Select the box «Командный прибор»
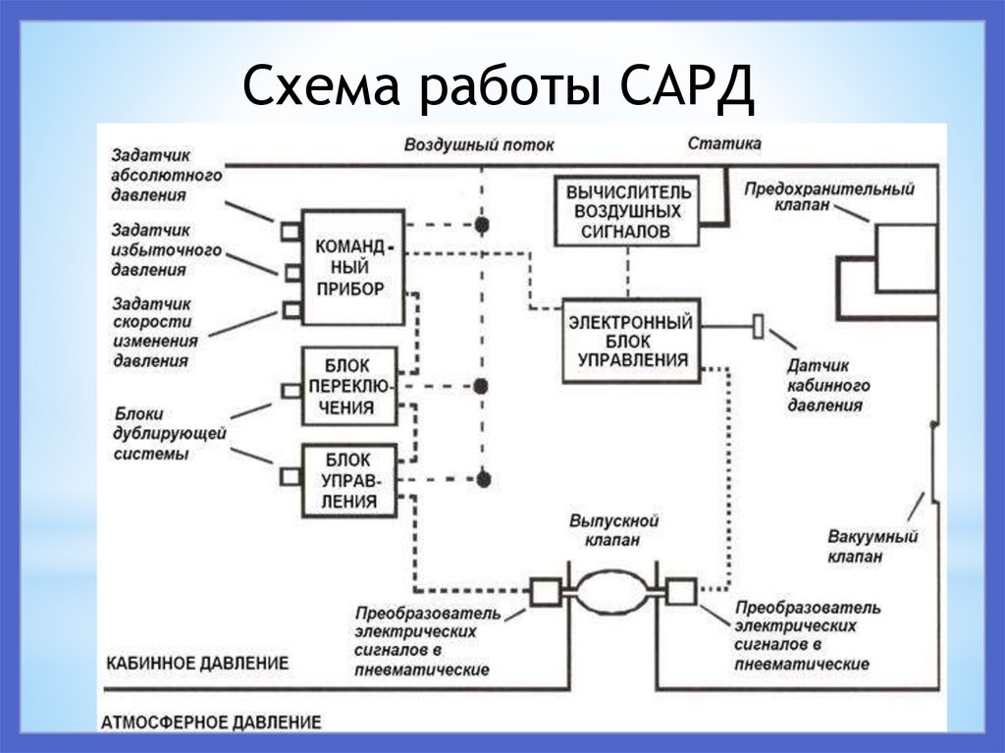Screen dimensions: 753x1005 351,266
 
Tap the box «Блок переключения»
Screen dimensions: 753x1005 349,386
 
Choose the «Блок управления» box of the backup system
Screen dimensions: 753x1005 349,480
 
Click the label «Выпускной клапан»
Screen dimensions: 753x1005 613,530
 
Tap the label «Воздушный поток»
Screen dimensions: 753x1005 479,144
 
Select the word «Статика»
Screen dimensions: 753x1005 724,143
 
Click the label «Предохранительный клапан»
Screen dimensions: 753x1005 828,196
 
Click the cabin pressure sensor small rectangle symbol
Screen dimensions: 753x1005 758,326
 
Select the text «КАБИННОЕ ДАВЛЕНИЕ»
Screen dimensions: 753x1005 197,663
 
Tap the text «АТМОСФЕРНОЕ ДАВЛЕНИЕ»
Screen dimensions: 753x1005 211,723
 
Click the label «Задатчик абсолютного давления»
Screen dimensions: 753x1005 166,175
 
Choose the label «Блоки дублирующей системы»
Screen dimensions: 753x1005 170,433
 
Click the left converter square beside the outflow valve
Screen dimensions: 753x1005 544,591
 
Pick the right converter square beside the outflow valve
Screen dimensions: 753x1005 680,591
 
